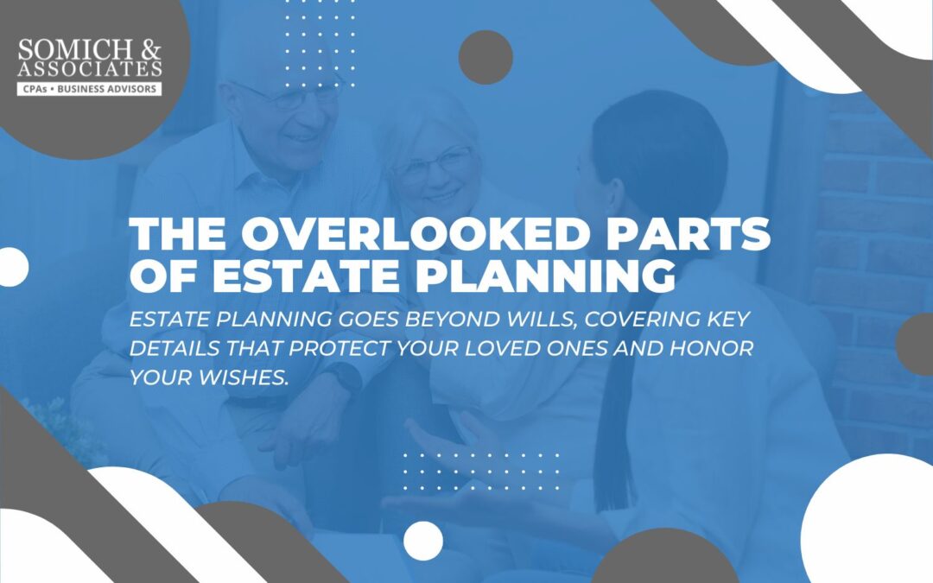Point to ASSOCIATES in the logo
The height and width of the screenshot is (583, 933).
89,67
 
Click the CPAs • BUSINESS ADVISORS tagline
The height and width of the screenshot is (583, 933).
89,88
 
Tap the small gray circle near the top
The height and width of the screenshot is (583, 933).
486,57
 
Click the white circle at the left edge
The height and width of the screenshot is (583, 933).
12,267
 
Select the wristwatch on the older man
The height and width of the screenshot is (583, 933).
348,377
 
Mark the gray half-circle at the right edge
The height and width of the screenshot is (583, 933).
917,345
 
